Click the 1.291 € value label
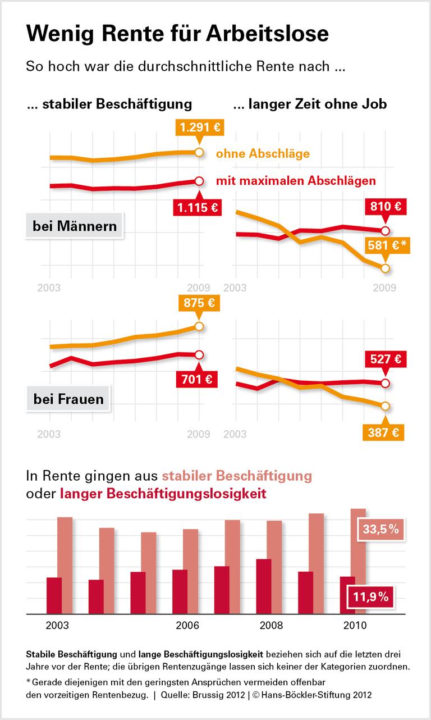199,127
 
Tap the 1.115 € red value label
197,208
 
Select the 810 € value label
386,207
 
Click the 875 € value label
199,303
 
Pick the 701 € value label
197,380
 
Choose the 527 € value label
386,358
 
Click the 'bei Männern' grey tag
75,226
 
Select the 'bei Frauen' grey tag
68,399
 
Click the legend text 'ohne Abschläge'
263,153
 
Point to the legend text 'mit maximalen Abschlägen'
296,181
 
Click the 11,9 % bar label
371,597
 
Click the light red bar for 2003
65,565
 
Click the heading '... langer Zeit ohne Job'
309,104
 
